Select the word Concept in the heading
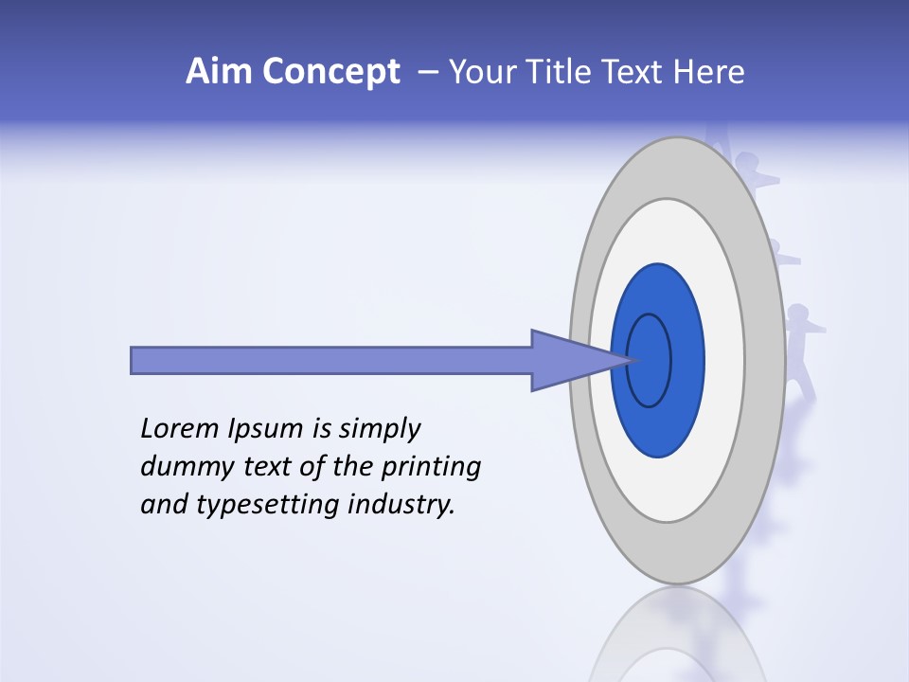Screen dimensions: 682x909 coord(331,73)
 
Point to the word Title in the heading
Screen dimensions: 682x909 coord(565,72)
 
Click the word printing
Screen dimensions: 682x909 coord(431,468)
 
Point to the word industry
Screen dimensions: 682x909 coord(402,506)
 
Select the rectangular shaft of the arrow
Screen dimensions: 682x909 coord(331,360)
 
